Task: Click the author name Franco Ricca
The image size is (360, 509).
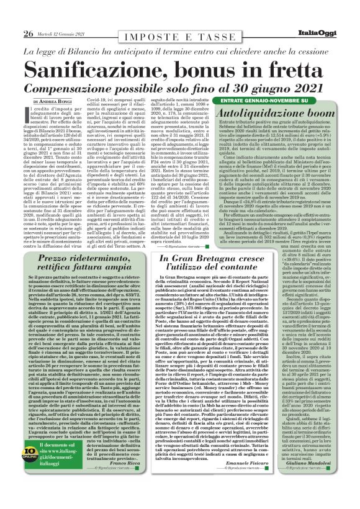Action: click(140, 462)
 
